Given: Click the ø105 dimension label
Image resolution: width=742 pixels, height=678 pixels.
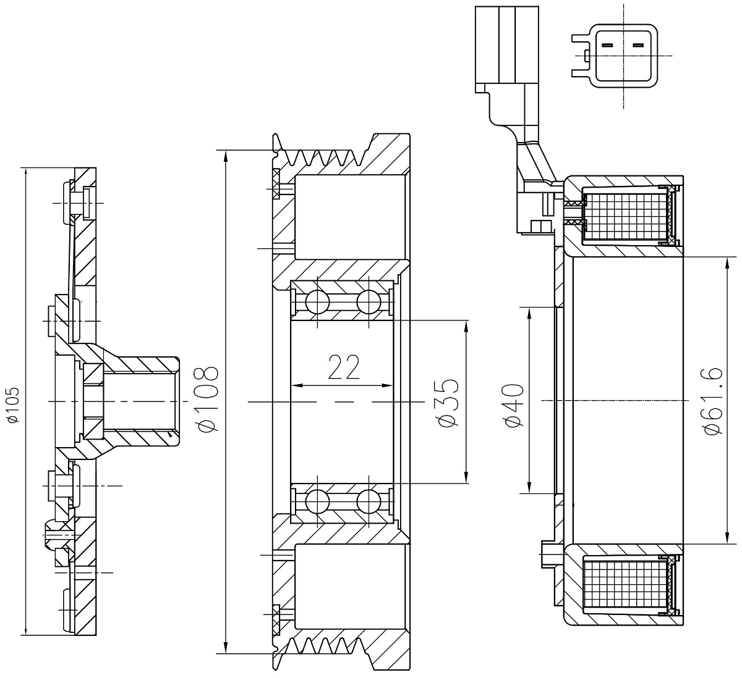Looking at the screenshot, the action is (x=14, y=405).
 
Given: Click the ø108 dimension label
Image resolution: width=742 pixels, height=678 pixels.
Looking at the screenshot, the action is (x=208, y=399).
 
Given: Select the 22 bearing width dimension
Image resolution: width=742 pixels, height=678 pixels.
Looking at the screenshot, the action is (x=344, y=367).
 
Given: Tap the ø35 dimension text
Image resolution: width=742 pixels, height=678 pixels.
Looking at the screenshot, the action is (x=449, y=403).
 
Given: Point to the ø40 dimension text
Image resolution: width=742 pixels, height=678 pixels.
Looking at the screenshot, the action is (x=514, y=405).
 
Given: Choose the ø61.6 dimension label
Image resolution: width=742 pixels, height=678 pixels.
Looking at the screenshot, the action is (x=714, y=401).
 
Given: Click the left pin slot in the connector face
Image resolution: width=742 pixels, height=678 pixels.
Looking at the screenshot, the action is (x=607, y=46).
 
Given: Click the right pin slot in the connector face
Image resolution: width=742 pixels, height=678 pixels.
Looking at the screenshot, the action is (x=638, y=46).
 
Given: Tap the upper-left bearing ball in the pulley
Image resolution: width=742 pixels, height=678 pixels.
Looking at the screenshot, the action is (x=317, y=301).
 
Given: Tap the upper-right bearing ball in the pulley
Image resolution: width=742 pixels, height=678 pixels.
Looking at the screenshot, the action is (x=369, y=301).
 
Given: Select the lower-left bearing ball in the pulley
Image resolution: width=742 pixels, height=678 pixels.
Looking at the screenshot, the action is (x=317, y=501).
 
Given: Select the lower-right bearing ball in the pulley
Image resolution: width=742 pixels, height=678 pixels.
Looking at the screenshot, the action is (x=369, y=501).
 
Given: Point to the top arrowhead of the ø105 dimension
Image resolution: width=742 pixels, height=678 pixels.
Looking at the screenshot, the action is (x=25, y=174).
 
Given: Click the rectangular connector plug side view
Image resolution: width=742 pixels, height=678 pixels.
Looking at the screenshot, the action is (x=506, y=49).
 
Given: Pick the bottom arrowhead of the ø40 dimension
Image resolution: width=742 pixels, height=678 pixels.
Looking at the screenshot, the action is (x=530, y=487).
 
